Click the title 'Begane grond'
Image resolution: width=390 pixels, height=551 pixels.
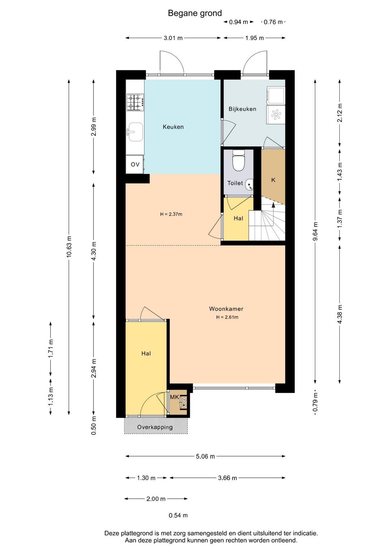coord(195,13)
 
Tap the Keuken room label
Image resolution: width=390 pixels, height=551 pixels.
coord(173,127)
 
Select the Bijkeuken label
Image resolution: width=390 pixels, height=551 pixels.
coord(242,109)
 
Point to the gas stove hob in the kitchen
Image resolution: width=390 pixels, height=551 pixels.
coord(135,102)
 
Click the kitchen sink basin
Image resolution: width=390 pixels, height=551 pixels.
coord(135,132)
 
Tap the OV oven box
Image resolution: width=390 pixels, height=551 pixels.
coord(135,164)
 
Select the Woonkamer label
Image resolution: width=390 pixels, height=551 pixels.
coord(226,309)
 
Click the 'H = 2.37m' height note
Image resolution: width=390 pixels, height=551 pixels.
coord(171,214)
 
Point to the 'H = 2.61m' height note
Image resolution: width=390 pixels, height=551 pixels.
coord(227,317)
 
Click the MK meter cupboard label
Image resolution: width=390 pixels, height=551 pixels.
coord(174,397)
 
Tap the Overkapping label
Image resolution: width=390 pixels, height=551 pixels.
coord(155,427)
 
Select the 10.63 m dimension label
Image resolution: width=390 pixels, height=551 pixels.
coord(69,247)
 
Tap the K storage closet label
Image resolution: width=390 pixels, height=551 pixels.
coord(273,180)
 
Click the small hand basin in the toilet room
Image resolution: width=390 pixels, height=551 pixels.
coord(250,185)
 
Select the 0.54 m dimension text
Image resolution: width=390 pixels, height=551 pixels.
coord(178,515)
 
